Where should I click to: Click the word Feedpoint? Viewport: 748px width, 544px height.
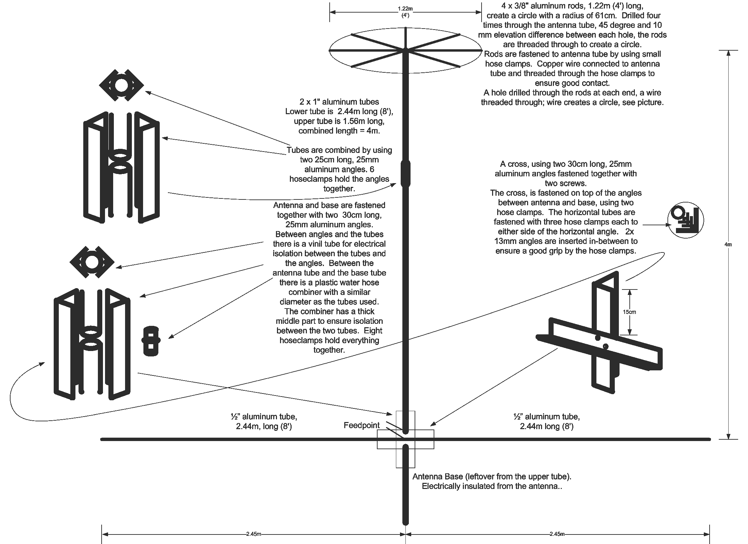coord(361,425)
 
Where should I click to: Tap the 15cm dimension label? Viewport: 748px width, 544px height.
coord(630,312)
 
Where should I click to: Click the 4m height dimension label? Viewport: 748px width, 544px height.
coord(728,244)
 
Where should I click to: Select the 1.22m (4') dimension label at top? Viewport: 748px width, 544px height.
coord(405,12)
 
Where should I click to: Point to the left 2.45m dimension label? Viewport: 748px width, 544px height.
coord(254,534)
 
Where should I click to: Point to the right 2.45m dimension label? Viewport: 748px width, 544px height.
coord(557,534)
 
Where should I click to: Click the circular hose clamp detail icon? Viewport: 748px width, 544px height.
coord(685,220)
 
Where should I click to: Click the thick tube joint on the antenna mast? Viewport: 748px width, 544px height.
coord(405,173)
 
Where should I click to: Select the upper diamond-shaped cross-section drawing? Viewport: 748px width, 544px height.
coord(121,85)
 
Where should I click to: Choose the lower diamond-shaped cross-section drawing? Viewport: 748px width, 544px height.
coord(92,262)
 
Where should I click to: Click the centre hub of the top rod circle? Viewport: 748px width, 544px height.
coord(405,51)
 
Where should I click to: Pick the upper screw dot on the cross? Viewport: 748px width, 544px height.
coord(598,338)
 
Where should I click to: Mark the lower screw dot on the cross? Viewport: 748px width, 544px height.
coord(605,346)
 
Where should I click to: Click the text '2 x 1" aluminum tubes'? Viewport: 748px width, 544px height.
coord(339,102)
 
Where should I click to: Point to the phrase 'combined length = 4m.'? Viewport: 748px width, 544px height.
coord(339,131)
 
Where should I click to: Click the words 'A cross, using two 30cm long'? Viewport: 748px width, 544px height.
coord(566,164)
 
